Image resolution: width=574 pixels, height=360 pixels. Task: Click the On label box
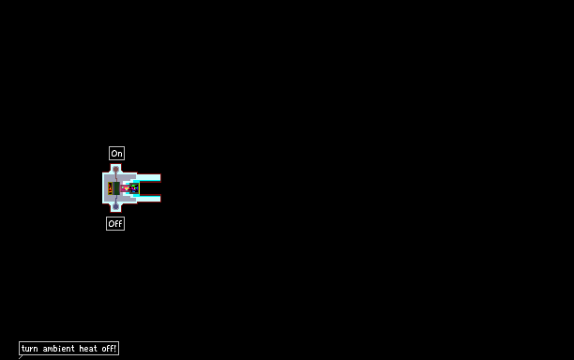point(117,154)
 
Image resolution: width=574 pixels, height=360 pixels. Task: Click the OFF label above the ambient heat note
point(115,223)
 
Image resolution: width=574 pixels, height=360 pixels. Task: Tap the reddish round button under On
point(116,169)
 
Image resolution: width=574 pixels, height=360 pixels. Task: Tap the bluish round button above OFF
point(116,206)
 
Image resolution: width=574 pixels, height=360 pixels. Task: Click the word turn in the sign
point(30,349)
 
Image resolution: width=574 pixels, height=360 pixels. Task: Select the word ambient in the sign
point(58,349)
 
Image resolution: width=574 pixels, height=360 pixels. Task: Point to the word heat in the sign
point(88,349)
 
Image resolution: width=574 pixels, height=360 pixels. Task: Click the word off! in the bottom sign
point(109,349)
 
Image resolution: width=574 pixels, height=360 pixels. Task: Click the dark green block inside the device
point(116,188)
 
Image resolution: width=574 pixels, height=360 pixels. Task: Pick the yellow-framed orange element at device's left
point(110,188)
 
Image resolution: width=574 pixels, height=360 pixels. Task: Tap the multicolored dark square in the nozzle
point(134,188)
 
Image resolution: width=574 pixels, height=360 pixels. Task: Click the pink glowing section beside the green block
point(125,188)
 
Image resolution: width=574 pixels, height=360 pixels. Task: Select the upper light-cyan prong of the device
point(147,178)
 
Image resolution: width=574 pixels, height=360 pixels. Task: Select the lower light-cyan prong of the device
point(147,199)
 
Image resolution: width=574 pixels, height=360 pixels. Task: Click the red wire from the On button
point(116,176)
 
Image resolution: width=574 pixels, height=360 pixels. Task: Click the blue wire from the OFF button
point(116,200)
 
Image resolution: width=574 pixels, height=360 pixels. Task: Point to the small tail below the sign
point(21,357)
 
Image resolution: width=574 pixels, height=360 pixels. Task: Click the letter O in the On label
point(113,154)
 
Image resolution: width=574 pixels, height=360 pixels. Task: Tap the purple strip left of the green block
point(113,188)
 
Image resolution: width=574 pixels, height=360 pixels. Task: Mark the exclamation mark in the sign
point(115,348)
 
